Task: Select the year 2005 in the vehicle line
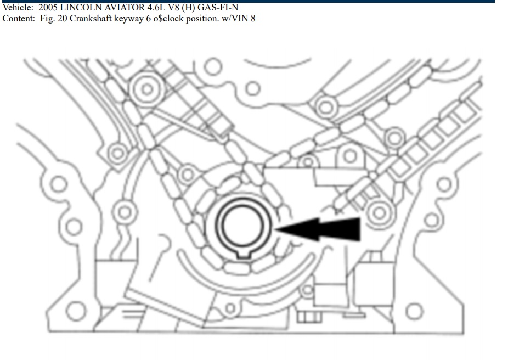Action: pyautogui.click(x=48, y=7)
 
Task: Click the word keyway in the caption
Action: pyautogui.click(x=128, y=19)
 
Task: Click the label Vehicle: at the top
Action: pyautogui.click(x=18, y=7)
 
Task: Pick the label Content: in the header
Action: pyautogui.click(x=19, y=19)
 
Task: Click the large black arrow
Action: pyautogui.click(x=318, y=229)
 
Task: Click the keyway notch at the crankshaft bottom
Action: pyautogui.click(x=244, y=255)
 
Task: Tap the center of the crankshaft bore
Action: pyautogui.click(x=242, y=226)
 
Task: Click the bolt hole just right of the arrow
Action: pyautogui.click(x=379, y=213)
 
